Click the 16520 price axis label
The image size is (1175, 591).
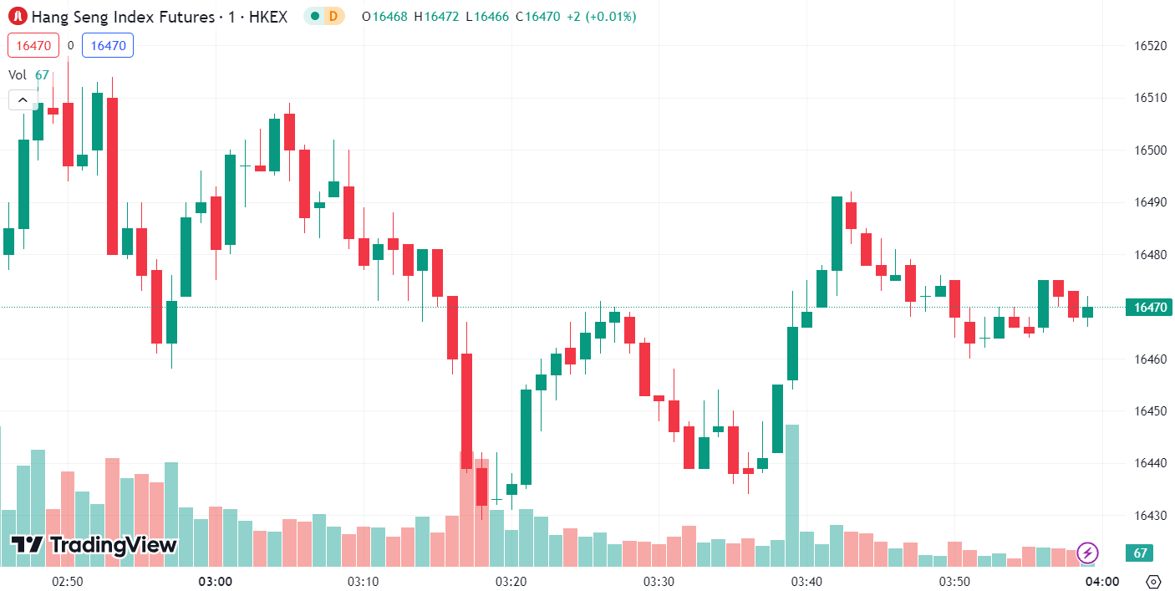(1150, 45)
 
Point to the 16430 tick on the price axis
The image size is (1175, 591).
(1150, 516)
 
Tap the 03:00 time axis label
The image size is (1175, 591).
(216, 581)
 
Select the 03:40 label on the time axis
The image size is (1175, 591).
(806, 581)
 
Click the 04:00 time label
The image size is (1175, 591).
(1102, 581)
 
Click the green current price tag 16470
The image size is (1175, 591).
(1150, 308)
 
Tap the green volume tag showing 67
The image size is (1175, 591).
(1138, 553)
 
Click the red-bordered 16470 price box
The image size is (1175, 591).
(33, 45)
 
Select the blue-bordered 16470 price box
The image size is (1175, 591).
(108, 45)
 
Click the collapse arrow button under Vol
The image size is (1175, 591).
(23, 100)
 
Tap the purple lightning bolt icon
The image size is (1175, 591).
(1087, 553)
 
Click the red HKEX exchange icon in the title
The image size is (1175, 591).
(18, 16)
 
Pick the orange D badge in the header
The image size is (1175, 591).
(333, 16)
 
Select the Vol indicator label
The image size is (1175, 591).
(18, 74)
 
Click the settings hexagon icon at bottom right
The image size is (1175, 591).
(1153, 582)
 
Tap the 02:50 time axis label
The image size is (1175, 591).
(67, 581)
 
